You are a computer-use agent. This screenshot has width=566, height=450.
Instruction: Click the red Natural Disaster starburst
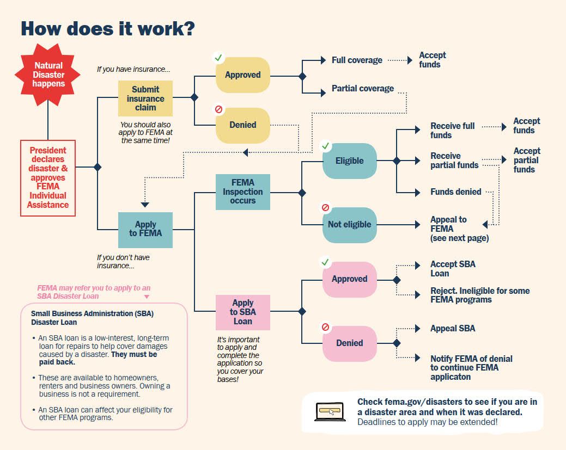48,75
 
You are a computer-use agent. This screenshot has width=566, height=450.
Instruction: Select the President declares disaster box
48,178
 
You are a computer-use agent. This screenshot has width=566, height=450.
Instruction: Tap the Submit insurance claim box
145,98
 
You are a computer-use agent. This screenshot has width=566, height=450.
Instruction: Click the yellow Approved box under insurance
242,75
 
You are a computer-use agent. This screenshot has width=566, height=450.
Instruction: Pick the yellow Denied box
242,125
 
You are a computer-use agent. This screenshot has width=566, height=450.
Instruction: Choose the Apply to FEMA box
145,229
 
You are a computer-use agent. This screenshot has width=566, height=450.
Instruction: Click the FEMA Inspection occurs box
242,192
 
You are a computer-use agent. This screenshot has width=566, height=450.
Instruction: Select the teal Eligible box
349,161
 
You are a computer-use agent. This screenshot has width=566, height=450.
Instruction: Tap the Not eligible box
349,225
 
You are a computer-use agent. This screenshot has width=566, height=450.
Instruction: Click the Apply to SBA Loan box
242,312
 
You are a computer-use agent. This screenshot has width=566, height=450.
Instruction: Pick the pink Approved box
349,279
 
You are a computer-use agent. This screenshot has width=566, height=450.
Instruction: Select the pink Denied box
349,343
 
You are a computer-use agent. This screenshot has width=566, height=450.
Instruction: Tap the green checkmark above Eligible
326,146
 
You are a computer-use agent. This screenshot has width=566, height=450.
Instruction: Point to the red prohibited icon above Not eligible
326,208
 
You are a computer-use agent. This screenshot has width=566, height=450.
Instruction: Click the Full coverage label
357,60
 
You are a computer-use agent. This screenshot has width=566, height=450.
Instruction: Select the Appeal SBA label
452,329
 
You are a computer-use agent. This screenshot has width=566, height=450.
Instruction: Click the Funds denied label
455,192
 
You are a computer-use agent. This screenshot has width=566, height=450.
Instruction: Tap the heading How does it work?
107,28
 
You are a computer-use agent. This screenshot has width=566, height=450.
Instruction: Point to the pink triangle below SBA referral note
145,297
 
